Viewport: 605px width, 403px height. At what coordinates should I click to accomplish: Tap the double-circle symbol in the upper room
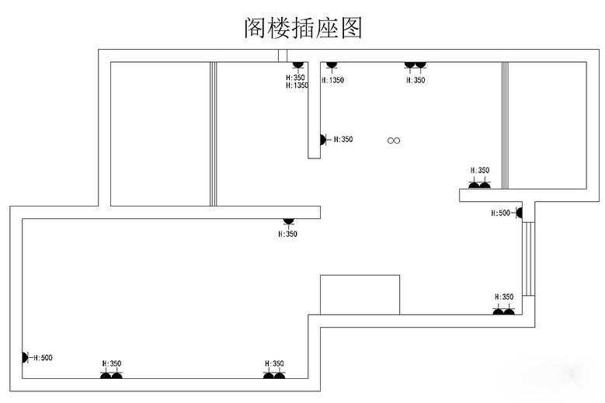(x=394, y=141)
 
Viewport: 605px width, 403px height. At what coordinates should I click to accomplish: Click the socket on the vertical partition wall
(x=323, y=140)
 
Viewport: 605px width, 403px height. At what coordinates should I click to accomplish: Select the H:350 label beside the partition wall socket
(x=343, y=140)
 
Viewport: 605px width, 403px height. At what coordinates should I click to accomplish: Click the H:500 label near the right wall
(x=501, y=213)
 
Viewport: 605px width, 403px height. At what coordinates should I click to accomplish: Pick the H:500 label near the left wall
(x=42, y=358)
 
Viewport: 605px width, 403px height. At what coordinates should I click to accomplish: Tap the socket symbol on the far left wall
(x=25, y=357)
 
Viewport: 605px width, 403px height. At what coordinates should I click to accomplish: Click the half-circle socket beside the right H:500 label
(x=518, y=212)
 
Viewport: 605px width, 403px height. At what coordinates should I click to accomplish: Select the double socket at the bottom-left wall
(x=111, y=375)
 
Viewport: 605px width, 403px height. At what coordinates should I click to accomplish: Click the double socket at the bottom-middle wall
(x=274, y=375)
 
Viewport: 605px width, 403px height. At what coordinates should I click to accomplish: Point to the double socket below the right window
(x=503, y=311)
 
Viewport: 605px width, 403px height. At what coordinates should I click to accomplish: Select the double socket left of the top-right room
(x=479, y=184)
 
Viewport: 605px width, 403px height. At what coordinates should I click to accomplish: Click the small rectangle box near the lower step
(x=360, y=294)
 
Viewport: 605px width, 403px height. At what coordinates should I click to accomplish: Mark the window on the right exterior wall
(x=528, y=259)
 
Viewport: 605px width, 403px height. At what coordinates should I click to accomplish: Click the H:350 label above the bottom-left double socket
(x=112, y=363)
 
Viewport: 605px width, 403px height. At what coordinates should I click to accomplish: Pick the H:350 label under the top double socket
(x=416, y=80)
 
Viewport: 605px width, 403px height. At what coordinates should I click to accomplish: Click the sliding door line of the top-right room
(x=505, y=126)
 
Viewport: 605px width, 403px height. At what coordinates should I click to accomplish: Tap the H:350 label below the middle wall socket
(x=288, y=234)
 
